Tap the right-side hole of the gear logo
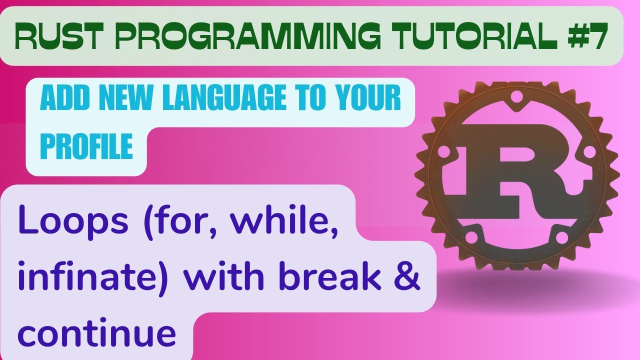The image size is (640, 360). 590,150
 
